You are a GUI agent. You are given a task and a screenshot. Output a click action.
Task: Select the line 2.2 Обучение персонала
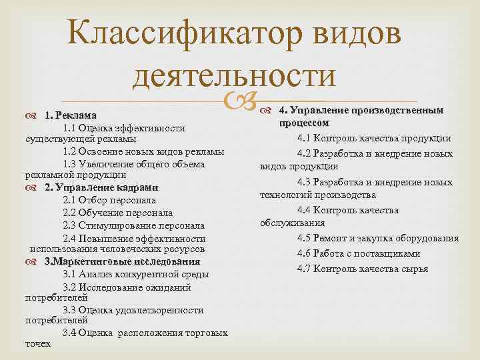pos(117,213)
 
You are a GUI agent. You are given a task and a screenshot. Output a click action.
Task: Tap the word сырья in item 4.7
pos(415,269)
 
